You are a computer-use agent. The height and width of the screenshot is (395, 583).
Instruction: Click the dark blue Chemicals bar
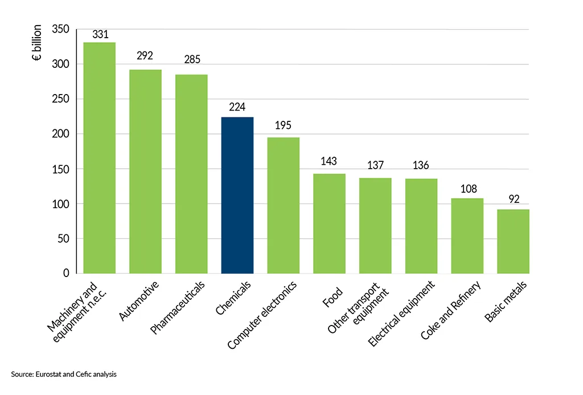(x=237, y=195)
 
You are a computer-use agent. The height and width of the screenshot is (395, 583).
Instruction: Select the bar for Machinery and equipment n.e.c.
(x=100, y=158)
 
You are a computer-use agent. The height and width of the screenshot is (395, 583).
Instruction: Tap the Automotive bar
(x=146, y=171)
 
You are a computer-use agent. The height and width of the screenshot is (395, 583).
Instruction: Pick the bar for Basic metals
(x=513, y=241)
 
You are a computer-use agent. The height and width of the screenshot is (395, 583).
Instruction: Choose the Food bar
(x=329, y=223)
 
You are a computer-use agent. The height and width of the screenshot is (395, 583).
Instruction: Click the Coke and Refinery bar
(x=467, y=235)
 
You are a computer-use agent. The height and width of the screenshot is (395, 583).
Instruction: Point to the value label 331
(x=100, y=34)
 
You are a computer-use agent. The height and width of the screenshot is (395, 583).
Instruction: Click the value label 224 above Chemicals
(x=237, y=108)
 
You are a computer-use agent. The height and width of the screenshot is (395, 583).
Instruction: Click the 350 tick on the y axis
(x=60, y=29)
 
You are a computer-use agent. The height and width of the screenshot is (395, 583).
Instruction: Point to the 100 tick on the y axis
(x=60, y=204)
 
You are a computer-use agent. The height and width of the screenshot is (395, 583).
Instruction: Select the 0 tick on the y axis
(x=65, y=274)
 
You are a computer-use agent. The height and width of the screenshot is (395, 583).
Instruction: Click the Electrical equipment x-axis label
(x=401, y=313)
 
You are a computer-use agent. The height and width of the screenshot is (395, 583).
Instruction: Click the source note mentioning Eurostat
(x=64, y=374)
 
